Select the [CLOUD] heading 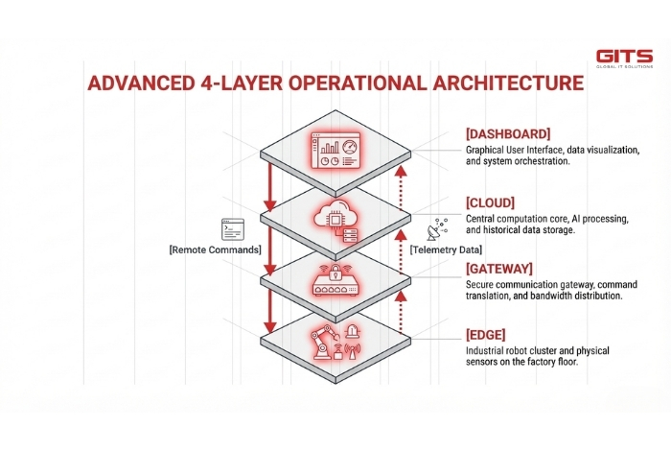(492, 202)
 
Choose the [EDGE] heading (488, 335)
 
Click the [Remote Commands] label (216, 249)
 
